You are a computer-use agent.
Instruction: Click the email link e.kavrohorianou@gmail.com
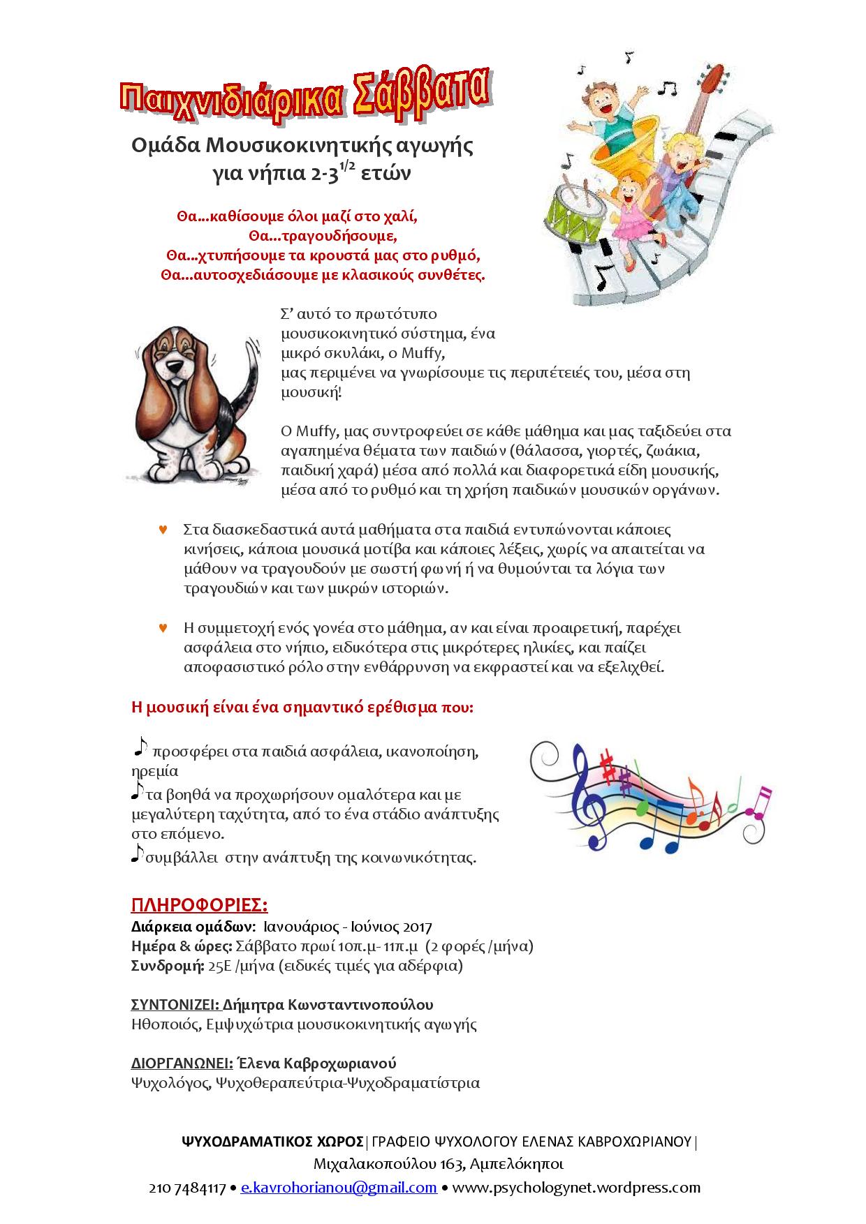coord(339,1188)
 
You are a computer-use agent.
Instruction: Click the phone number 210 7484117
coord(187,1188)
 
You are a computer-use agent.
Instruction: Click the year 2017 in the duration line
coord(418,927)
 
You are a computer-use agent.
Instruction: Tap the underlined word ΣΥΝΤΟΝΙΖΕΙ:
coord(175,1005)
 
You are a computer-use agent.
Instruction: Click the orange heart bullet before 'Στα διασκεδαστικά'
coord(163,530)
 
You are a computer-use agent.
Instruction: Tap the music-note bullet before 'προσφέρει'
coord(140,747)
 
